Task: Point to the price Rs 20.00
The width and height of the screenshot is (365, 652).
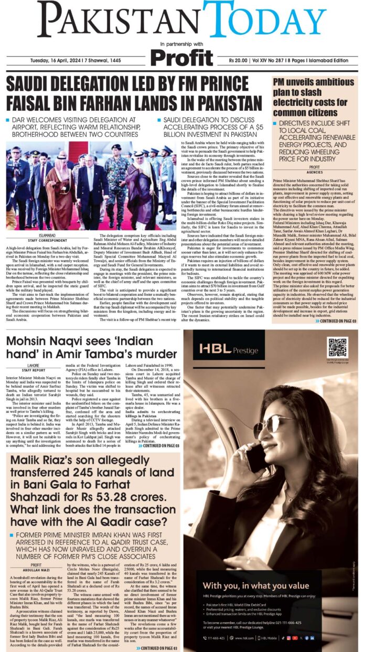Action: [239, 61]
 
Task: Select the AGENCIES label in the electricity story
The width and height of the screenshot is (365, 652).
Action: [315, 172]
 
